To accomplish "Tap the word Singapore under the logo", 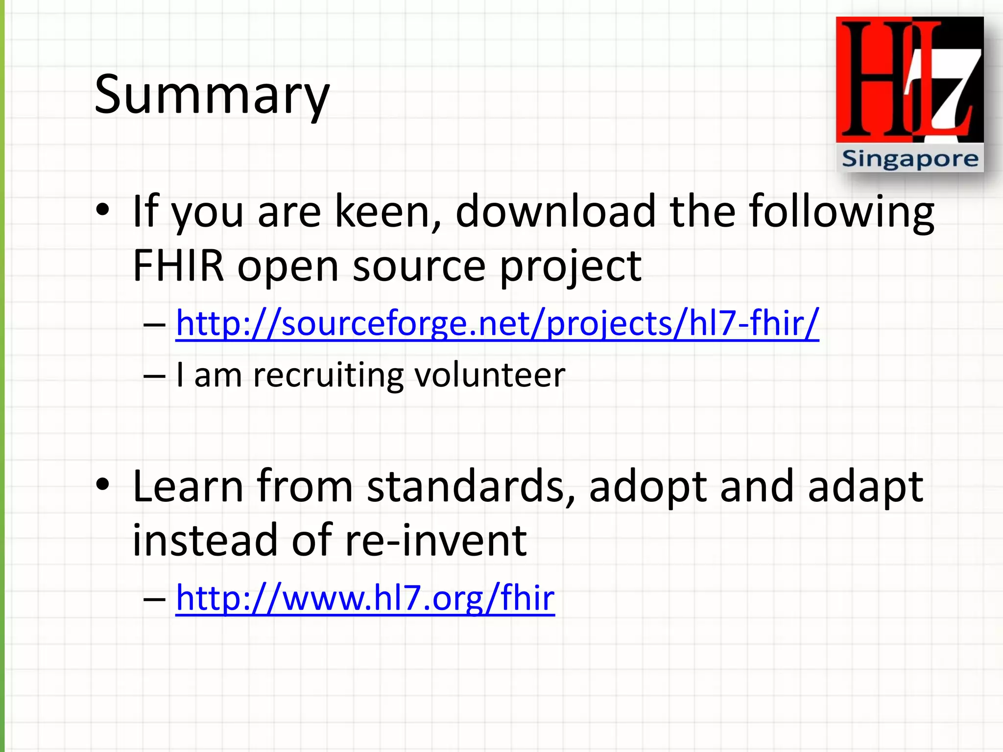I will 909,159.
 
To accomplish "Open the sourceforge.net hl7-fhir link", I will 497,323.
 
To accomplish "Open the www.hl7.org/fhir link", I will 365,598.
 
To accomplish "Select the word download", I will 555,211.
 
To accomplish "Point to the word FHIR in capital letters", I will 178,266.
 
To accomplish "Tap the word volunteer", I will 490,375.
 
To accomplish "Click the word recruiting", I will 328,375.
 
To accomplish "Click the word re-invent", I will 436,540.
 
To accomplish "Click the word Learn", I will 188,487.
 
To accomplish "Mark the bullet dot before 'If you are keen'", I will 102,211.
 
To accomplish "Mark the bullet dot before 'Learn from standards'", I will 102,485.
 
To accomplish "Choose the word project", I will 570,266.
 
